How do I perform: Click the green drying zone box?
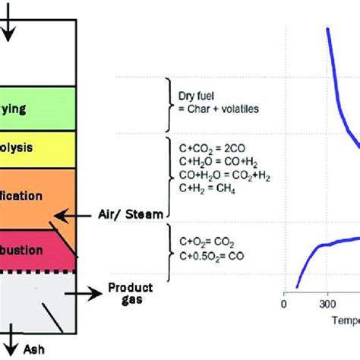click(38, 109)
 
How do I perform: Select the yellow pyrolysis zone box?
click(38, 145)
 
